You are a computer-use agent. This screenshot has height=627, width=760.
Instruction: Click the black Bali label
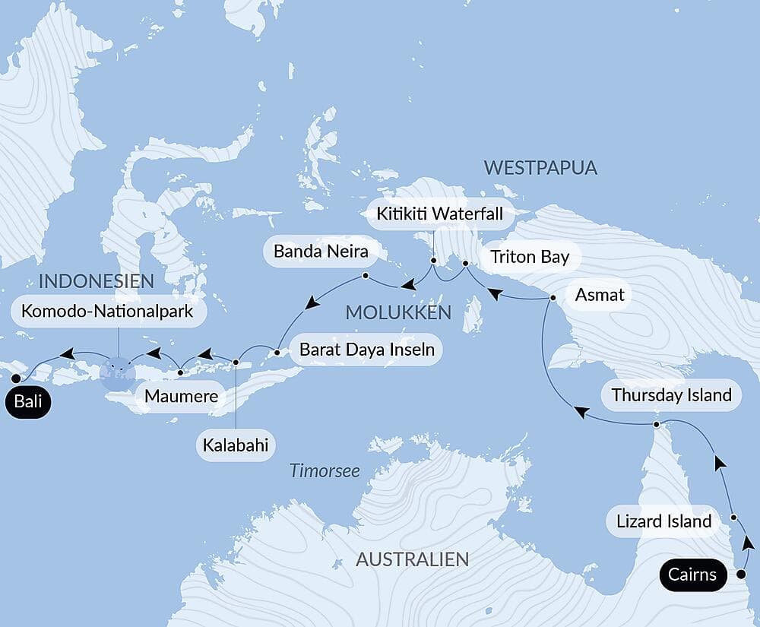click(28, 402)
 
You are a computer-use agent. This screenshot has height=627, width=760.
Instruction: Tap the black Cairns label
click(692, 574)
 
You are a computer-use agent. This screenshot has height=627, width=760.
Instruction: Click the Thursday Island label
click(671, 395)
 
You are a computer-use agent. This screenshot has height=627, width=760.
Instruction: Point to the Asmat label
click(600, 295)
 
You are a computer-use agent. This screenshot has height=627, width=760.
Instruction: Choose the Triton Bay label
click(530, 257)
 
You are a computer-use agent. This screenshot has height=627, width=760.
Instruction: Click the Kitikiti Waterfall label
click(440, 214)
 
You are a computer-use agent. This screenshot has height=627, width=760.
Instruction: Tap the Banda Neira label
click(315, 251)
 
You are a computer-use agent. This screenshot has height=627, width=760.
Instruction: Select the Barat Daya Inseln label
click(367, 350)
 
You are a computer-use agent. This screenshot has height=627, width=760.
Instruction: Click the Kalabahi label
click(236, 445)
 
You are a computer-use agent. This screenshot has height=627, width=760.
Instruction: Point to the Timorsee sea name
click(325, 471)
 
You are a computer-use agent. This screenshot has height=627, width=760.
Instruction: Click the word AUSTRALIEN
click(412, 560)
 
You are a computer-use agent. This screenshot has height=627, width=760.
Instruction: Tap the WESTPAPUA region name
click(540, 168)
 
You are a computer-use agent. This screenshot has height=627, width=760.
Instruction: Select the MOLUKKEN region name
click(398, 312)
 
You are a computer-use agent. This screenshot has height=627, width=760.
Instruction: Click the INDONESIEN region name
click(96, 281)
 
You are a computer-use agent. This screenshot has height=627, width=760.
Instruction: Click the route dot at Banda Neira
click(366, 275)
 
